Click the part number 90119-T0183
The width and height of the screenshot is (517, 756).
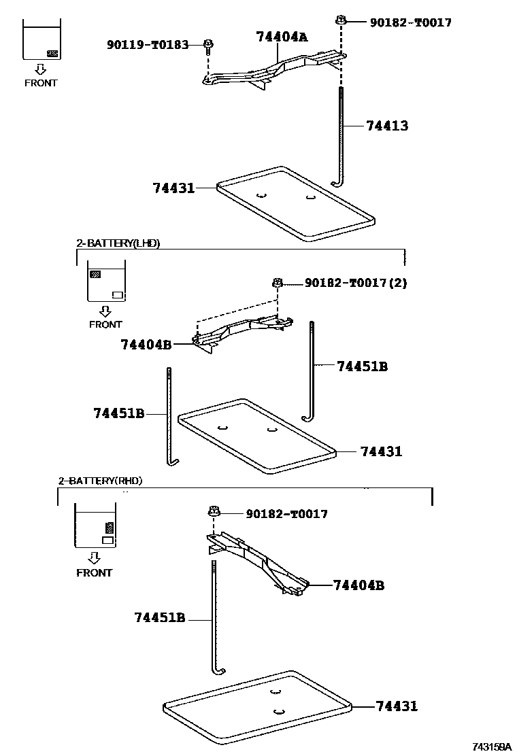[147, 45]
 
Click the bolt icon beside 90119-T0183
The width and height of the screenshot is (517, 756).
[208, 46]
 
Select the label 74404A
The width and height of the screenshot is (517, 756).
[282, 37]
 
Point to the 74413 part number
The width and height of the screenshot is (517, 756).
[387, 126]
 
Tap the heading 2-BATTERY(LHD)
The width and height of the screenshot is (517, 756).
[118, 243]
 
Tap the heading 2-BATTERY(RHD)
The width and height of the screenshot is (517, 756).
[101, 481]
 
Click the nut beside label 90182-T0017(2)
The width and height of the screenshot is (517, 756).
[278, 282]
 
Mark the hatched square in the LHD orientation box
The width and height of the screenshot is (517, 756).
[95, 275]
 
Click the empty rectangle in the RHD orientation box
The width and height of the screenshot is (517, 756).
[107, 540]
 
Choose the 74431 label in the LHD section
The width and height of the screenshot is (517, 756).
[381, 451]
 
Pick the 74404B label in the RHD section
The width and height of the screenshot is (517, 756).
[358, 585]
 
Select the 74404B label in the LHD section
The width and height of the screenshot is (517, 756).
[146, 345]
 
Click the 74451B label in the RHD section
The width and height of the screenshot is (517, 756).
[160, 618]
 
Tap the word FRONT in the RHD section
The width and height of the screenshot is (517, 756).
[94, 572]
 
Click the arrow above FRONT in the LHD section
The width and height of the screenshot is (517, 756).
[105, 311]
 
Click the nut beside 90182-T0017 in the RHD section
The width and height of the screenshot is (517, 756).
[214, 512]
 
